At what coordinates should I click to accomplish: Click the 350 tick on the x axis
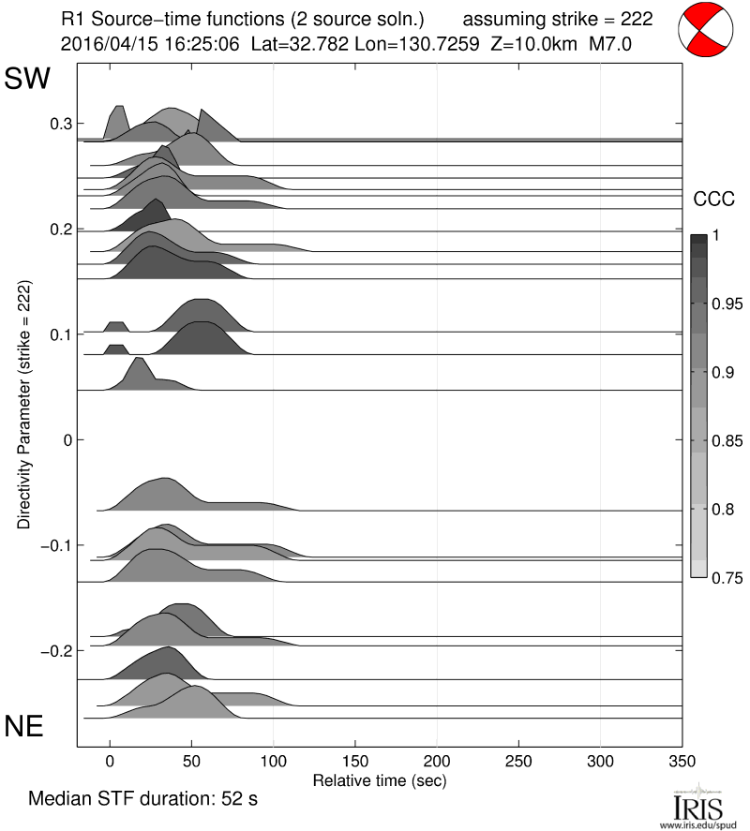click(x=682, y=762)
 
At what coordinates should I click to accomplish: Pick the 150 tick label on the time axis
click(x=355, y=762)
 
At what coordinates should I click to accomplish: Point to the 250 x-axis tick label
click(x=518, y=762)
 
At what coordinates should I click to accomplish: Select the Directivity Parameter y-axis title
click(x=22, y=404)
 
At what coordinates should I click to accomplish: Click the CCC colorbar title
click(x=712, y=199)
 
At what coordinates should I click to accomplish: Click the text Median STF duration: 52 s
click(x=142, y=800)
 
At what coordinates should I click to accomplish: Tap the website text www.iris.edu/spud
click(x=700, y=824)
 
